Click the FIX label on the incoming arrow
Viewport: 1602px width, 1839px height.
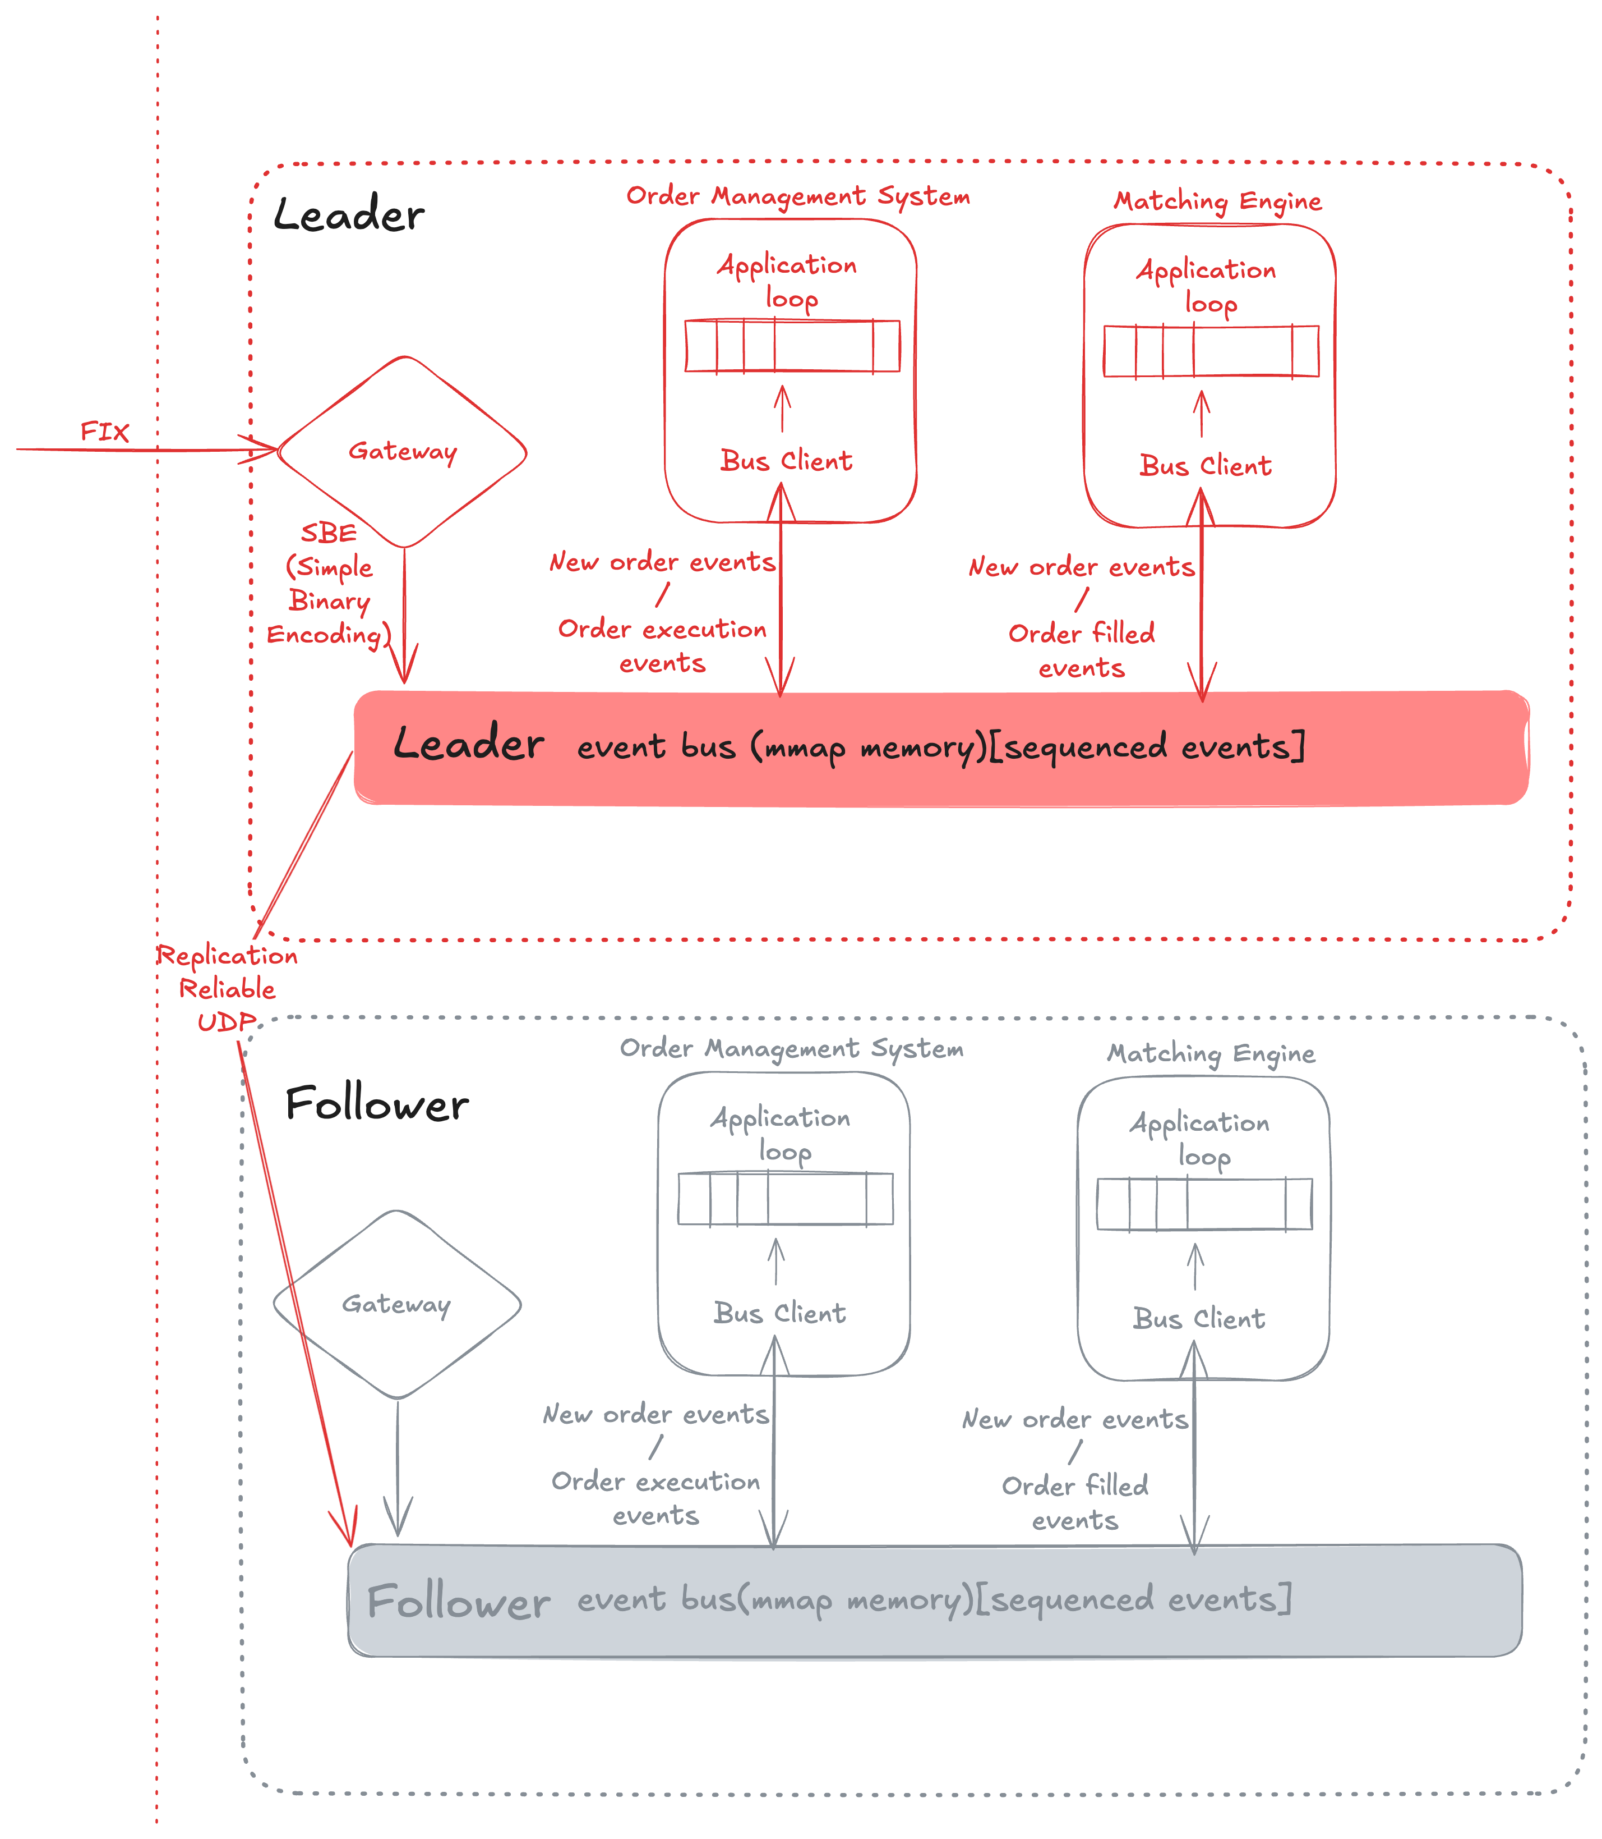(105, 432)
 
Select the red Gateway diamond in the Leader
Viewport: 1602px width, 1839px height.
(402, 452)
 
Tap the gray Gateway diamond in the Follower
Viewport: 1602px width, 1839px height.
(396, 1304)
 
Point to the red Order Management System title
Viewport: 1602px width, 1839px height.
(797, 196)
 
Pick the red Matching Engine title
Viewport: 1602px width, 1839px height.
(1217, 201)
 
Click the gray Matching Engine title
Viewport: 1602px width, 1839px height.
(1211, 1054)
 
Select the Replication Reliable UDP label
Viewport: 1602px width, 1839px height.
(227, 988)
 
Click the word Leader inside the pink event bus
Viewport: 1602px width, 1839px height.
(468, 744)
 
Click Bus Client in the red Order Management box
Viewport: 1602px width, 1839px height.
(786, 461)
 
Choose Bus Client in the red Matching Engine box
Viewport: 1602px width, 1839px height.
(1205, 465)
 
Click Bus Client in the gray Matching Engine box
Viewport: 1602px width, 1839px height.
(1199, 1318)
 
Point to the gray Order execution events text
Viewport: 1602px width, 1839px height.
(655, 1498)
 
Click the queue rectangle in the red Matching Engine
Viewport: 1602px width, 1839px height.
(1211, 351)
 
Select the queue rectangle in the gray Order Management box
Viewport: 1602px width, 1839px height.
(785, 1199)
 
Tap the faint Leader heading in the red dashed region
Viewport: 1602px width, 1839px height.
(349, 215)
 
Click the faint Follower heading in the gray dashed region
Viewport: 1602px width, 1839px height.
(376, 1104)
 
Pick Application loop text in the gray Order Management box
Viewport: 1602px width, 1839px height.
(781, 1134)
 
